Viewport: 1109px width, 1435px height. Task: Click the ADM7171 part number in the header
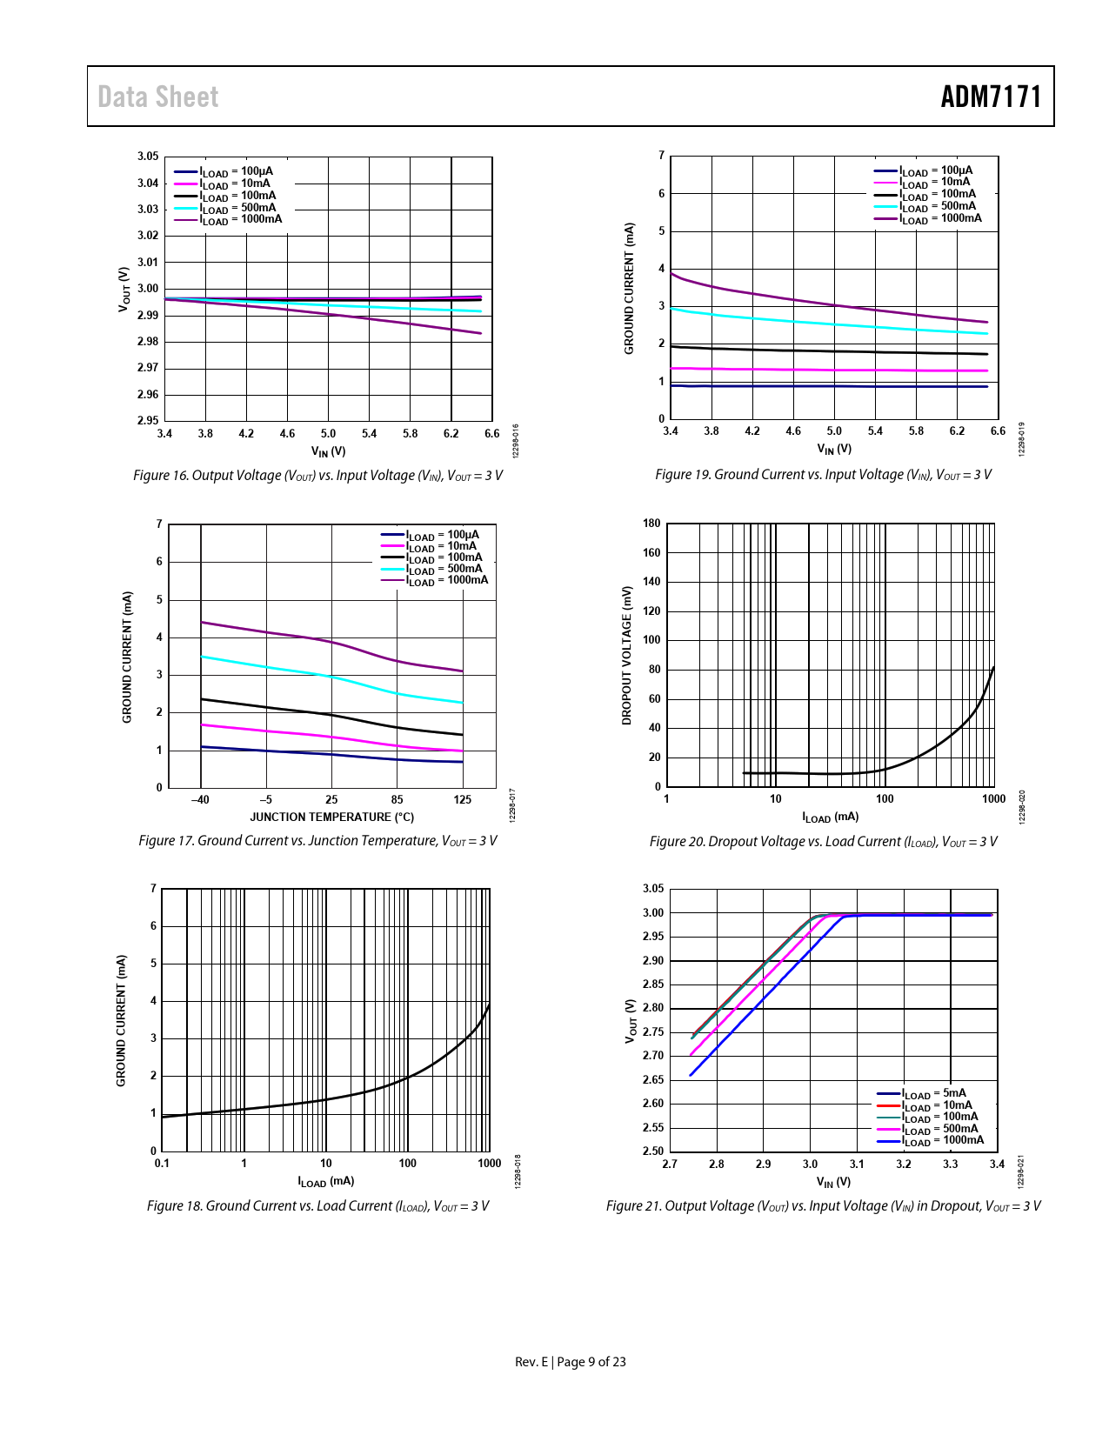991,97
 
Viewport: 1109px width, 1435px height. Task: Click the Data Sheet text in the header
157,97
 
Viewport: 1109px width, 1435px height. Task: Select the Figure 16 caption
317,476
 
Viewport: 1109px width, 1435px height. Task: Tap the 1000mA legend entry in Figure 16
240,219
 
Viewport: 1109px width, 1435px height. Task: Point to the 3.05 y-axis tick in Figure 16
148,157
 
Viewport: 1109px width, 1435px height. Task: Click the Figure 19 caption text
823,475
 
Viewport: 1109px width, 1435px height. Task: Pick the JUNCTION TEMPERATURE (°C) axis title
331,818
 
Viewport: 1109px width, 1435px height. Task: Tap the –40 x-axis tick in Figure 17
200,800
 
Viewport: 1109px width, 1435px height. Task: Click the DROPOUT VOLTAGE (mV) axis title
626,655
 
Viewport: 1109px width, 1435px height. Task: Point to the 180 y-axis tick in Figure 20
651,524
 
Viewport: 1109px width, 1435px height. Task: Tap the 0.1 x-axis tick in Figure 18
162,1164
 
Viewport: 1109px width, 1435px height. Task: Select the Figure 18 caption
317,1206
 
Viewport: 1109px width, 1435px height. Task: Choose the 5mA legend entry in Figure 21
933,1094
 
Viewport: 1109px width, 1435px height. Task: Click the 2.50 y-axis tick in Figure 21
652,1151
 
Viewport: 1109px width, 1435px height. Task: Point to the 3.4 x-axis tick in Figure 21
997,1165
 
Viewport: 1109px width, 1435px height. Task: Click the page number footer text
571,1362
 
